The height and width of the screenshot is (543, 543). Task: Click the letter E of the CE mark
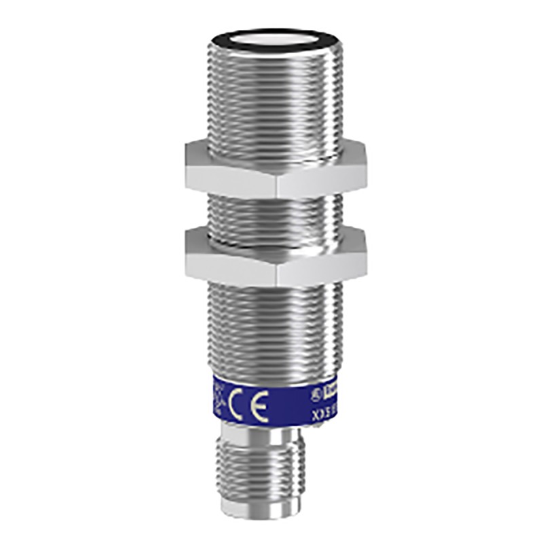[258, 405]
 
